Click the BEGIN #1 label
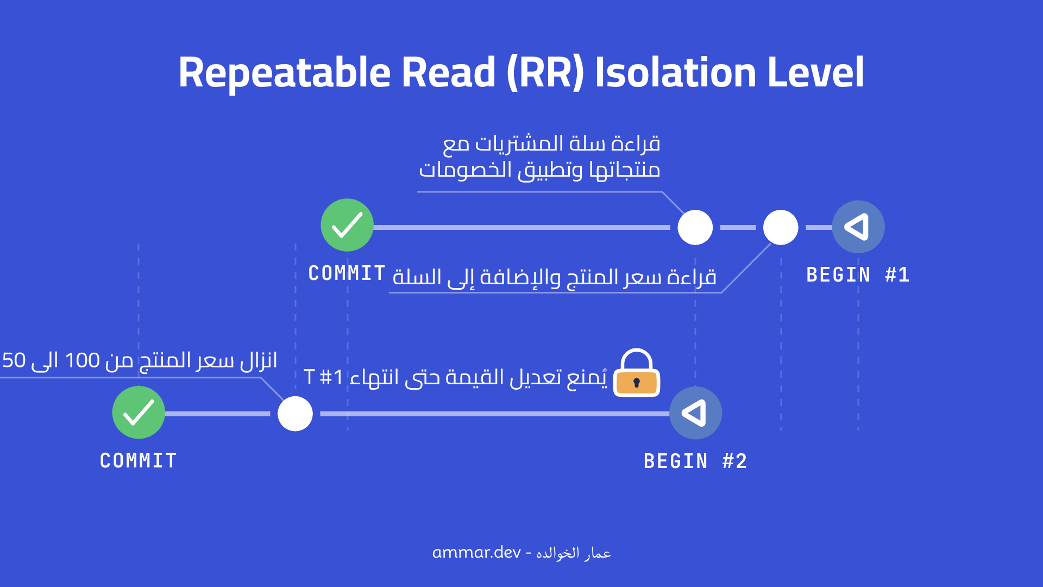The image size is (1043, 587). click(857, 275)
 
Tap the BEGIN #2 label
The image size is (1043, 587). click(695, 461)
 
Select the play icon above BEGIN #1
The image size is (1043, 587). click(858, 227)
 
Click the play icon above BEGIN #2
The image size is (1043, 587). click(695, 413)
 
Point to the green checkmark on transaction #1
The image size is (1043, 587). click(347, 225)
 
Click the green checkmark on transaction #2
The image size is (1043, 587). click(139, 413)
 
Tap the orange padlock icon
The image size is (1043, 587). click(637, 374)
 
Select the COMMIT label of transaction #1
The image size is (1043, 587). click(347, 273)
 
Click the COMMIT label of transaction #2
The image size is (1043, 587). click(139, 461)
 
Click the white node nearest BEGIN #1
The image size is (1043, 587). click(781, 227)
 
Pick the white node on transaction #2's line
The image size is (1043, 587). click(295, 414)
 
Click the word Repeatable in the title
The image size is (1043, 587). click(284, 73)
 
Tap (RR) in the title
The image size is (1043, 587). click(545, 73)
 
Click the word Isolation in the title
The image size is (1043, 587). click(676, 73)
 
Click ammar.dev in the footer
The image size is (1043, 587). click(476, 553)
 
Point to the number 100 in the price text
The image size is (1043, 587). click(82, 360)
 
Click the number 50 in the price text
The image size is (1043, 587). click(14, 360)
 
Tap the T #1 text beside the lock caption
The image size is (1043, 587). click(323, 377)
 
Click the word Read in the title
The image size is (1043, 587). click(448, 73)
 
